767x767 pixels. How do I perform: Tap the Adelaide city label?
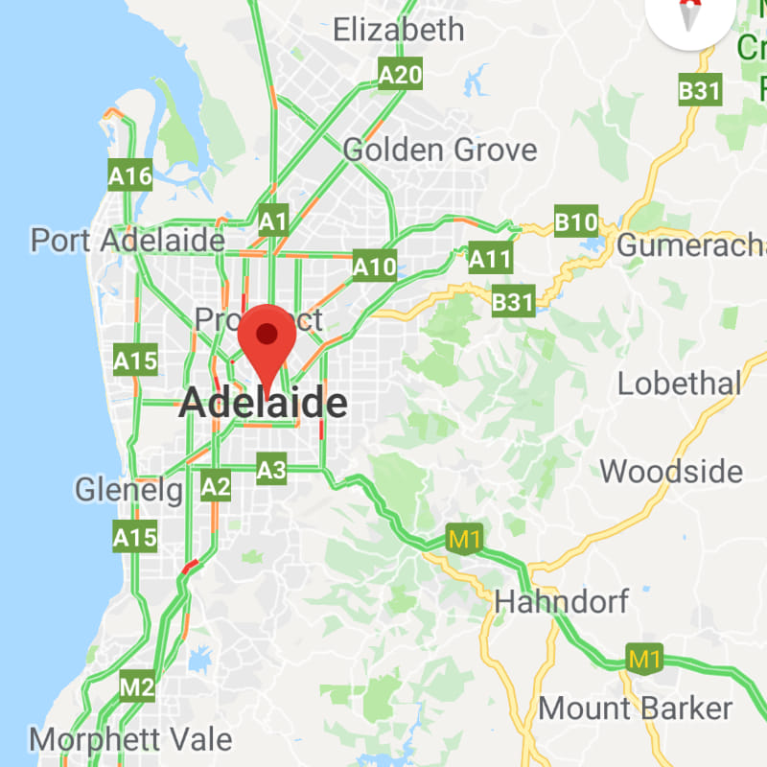pyautogui.click(x=263, y=405)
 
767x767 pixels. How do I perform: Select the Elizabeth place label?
pyautogui.click(x=398, y=30)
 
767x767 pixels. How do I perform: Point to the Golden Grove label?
pyautogui.click(x=440, y=151)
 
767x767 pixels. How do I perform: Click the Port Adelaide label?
pyautogui.click(x=128, y=240)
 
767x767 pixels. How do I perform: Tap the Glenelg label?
pyautogui.click(x=128, y=491)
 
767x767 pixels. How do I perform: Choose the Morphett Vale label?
pyautogui.click(x=130, y=739)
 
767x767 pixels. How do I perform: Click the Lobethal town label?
pyautogui.click(x=679, y=383)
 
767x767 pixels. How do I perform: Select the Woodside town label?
pyautogui.click(x=671, y=472)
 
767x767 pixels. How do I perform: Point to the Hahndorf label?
pyautogui.click(x=561, y=602)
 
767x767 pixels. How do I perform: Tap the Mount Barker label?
pyautogui.click(x=636, y=709)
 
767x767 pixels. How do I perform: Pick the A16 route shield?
pyautogui.click(x=130, y=176)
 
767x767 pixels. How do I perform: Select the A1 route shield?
pyautogui.click(x=273, y=222)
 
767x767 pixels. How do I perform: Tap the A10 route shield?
pyautogui.click(x=374, y=266)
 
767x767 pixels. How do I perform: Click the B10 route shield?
pyautogui.click(x=576, y=222)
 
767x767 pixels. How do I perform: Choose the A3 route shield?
pyautogui.click(x=272, y=470)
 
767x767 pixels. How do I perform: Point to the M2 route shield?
pyautogui.click(x=137, y=686)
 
